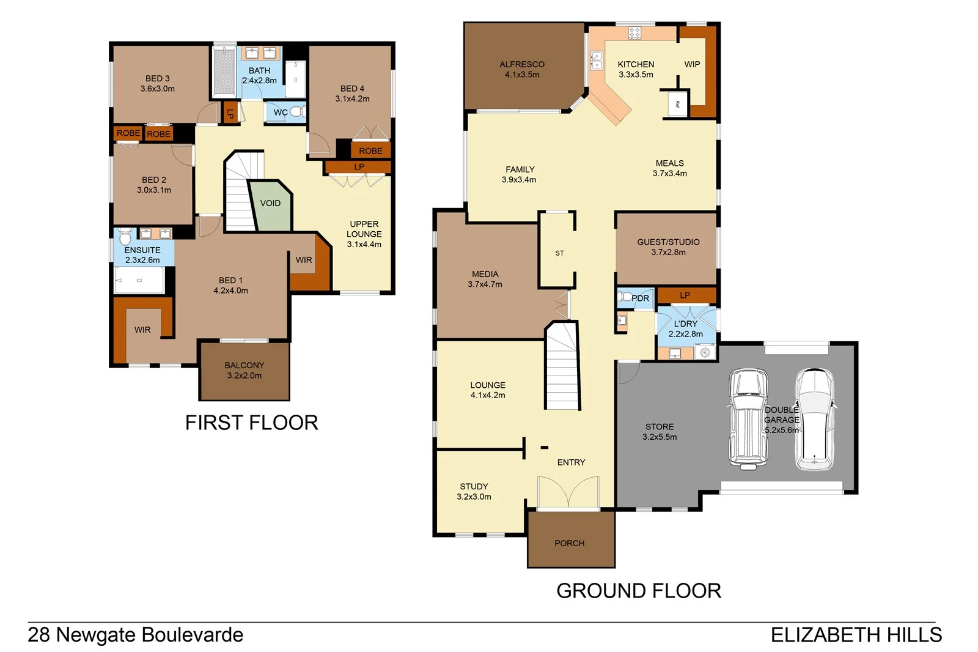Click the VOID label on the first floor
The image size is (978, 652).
point(270,203)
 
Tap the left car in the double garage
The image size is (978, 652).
point(748,420)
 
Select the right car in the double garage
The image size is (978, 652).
point(814,420)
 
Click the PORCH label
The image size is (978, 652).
point(569,543)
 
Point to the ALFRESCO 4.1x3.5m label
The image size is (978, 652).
point(522,69)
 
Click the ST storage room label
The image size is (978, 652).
point(559,253)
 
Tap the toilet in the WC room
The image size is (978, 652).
point(297,112)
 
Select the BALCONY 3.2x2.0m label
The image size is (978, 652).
point(244,370)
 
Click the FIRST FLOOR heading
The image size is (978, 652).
point(251,423)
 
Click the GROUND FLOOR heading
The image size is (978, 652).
point(638,591)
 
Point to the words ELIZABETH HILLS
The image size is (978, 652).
point(856,635)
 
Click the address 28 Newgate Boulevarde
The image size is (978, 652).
point(136,635)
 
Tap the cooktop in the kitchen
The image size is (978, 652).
point(634,32)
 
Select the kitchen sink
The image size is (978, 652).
point(596,61)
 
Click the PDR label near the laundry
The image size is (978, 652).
point(640,298)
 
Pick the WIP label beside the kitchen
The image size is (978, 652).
point(692,64)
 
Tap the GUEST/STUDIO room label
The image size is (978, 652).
point(668,246)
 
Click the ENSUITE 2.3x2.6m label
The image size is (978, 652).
point(142,254)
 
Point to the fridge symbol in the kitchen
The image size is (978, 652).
point(677,105)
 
